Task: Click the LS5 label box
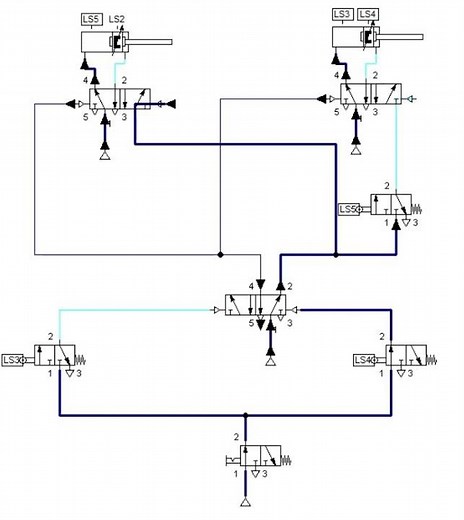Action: coord(91,19)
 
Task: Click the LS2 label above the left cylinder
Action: coord(117,19)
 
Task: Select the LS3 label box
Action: coord(342,14)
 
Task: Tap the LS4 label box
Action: coord(368,14)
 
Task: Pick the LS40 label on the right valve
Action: coord(365,360)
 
